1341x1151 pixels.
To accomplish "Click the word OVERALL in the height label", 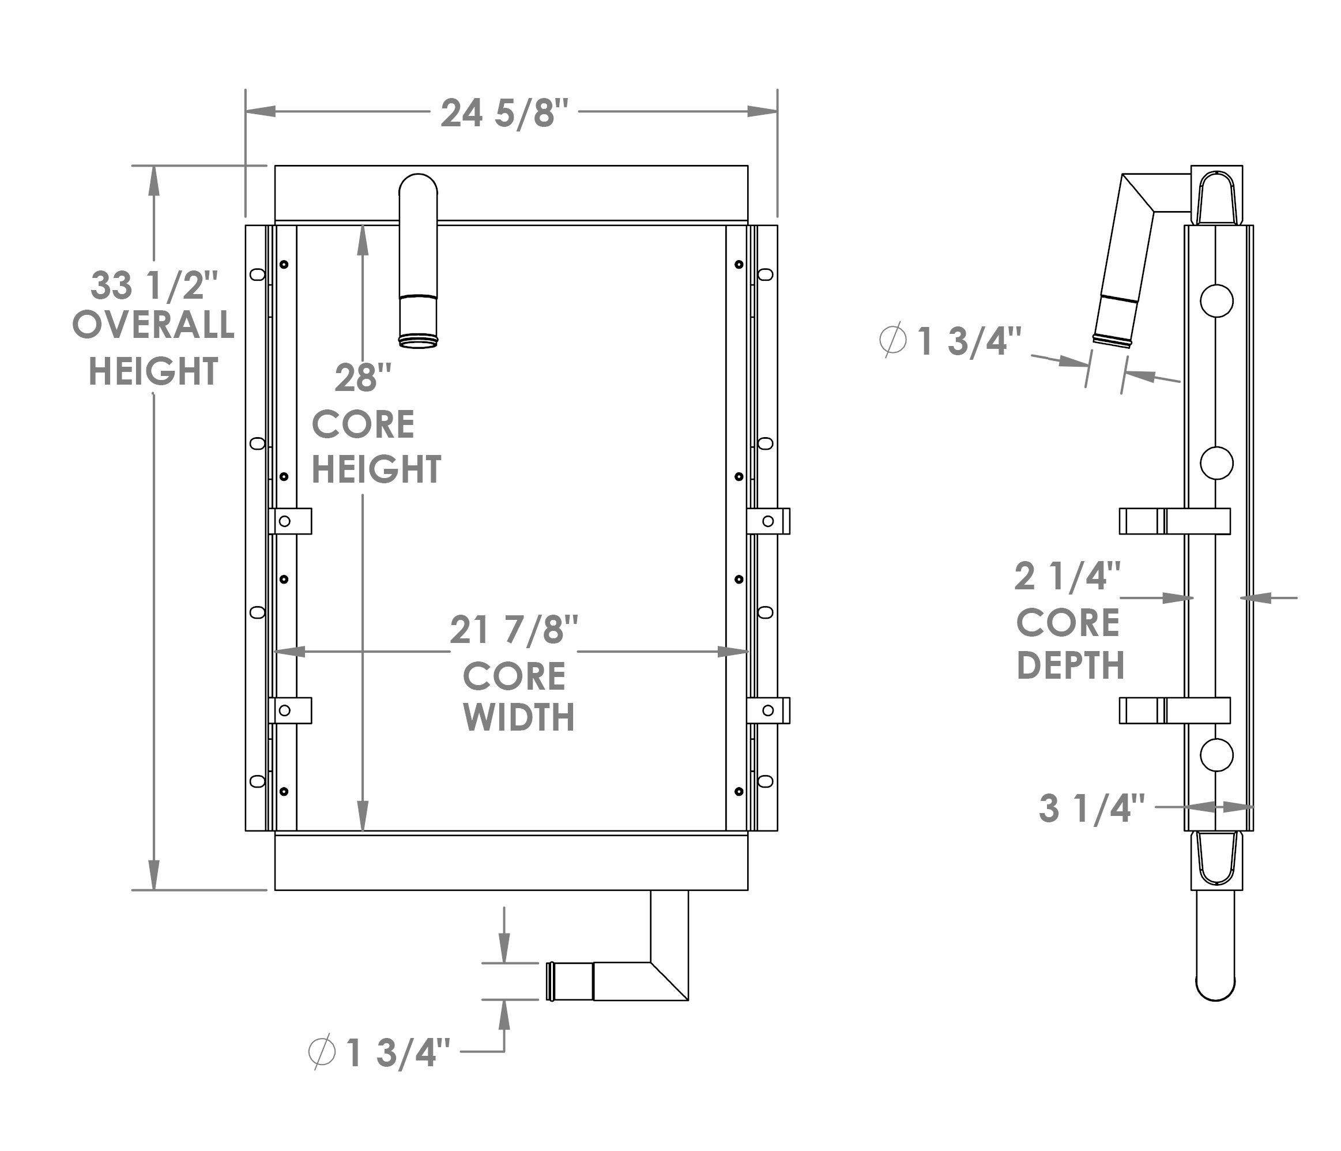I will [x=153, y=325].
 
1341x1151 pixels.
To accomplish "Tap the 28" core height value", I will [x=363, y=378].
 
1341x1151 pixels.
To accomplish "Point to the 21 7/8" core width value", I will [x=514, y=629].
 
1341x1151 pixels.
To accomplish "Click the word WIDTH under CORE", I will [x=518, y=717].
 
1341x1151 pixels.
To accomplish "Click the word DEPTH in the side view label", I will [x=1071, y=665].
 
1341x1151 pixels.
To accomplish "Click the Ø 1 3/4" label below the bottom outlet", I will [x=379, y=1052].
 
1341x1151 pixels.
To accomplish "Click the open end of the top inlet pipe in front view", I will [x=418, y=342].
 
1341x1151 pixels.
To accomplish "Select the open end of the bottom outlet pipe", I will [x=551, y=981].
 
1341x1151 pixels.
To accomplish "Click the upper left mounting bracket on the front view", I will [x=290, y=521].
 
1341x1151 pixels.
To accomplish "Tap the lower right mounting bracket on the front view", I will [x=769, y=710].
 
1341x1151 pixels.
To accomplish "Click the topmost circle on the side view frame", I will [x=1216, y=300].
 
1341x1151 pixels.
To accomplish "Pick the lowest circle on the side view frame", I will [x=1216, y=755].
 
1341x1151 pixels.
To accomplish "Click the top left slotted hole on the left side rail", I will [x=257, y=274].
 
